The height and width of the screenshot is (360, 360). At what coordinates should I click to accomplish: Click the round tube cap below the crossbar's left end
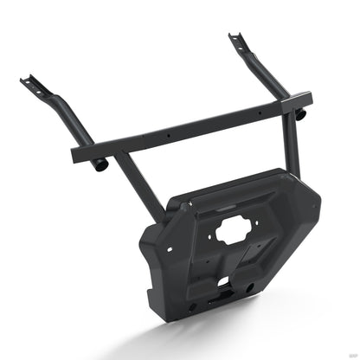[101, 164]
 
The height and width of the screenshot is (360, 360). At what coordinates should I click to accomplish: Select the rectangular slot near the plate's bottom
[222, 281]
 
